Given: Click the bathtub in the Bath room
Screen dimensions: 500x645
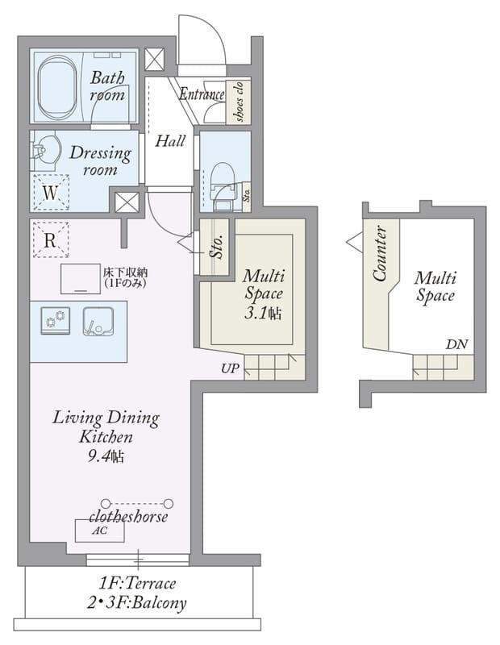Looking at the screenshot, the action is [57, 87].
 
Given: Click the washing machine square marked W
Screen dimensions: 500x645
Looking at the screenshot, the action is [51, 192].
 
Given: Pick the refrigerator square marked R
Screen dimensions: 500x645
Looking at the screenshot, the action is [50, 239].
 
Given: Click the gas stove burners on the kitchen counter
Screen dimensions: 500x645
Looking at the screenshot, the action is [56, 320].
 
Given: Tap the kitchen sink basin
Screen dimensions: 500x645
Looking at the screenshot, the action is [98, 321].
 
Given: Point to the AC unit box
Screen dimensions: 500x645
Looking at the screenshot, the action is [99, 531].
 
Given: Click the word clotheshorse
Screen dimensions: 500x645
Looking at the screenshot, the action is [128, 516].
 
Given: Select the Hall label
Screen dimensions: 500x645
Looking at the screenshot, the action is [170, 141].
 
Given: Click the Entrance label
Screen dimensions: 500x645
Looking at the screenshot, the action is [202, 94].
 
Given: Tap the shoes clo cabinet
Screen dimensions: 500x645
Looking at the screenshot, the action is [238, 102].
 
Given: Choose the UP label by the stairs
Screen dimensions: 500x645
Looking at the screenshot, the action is [230, 368].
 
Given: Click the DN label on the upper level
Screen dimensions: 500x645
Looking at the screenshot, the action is [456, 344].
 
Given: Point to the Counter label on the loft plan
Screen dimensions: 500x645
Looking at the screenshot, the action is [381, 254].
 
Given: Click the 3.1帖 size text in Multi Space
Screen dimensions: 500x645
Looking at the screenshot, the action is [263, 314].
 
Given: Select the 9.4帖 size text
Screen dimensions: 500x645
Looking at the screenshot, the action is [106, 456].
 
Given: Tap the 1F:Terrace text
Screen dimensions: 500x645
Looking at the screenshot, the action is [137, 583].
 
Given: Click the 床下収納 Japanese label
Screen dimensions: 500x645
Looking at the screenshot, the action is [126, 273].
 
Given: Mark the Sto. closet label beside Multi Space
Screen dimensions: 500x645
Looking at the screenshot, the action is [217, 247].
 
